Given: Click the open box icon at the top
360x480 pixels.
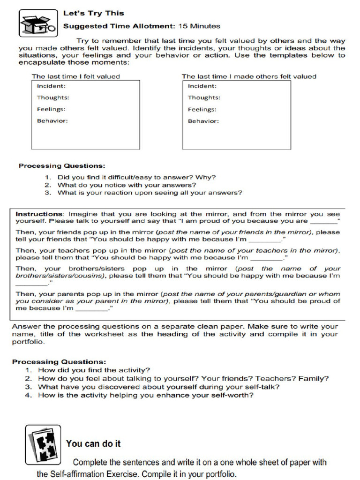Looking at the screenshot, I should click(x=32, y=24).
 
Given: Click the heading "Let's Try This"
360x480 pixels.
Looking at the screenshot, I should click(x=94, y=13).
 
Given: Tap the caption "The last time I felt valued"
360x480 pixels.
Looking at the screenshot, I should click(x=75, y=76).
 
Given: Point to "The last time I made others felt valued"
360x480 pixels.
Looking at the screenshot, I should click(x=249, y=76).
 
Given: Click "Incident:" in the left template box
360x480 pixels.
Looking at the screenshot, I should click(x=51, y=86).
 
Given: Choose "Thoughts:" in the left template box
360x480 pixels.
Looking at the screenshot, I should click(x=53, y=97).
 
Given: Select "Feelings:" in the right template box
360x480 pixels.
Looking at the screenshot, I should click(x=202, y=109).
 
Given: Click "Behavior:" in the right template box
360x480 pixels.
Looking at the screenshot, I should click(x=203, y=121).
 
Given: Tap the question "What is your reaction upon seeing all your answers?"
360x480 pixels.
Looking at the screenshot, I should click(x=150, y=193).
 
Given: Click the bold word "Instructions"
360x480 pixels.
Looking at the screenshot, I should click(x=39, y=214).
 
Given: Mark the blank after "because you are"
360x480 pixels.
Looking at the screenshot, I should click(x=324, y=222).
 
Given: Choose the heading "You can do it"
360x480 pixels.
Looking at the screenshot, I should click(x=94, y=443).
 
